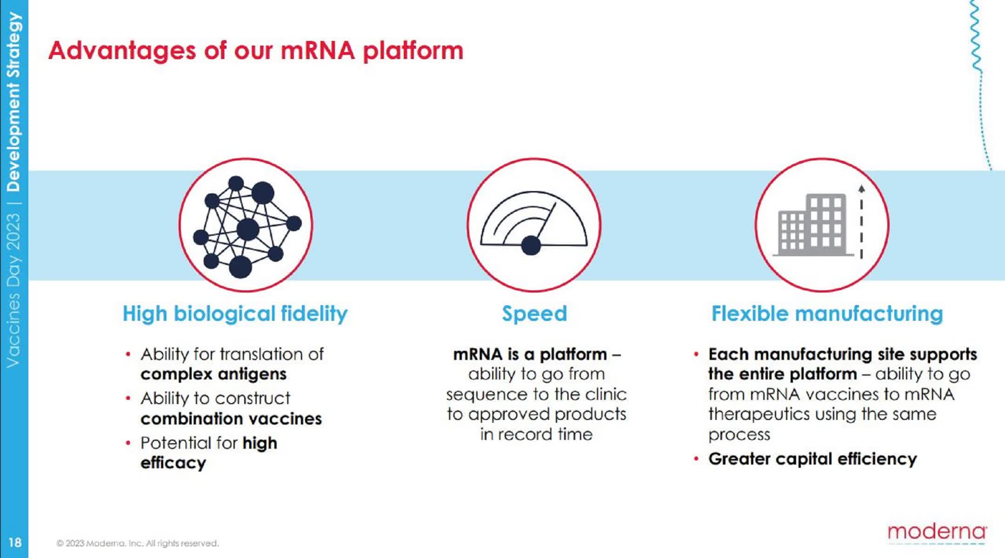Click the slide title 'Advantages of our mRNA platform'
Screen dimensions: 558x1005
tap(256, 50)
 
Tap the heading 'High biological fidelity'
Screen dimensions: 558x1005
tap(235, 313)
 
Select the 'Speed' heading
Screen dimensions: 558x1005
tap(534, 313)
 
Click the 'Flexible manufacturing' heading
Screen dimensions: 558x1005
tap(827, 313)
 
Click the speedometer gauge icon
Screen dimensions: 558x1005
tap(533, 223)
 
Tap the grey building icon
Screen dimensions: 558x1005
tap(812, 225)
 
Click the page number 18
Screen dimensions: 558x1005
tap(14, 542)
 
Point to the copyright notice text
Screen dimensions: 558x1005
tap(138, 543)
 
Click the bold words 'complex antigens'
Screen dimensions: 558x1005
tap(213, 374)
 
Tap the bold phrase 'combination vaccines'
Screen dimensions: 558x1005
tap(231, 419)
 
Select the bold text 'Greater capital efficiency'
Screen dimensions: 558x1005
tap(812, 459)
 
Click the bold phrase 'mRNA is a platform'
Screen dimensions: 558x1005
tap(530, 354)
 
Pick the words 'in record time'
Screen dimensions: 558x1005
tap(536, 434)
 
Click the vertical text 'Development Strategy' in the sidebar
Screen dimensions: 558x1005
tap(14, 102)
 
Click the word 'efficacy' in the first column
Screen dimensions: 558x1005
tap(173, 463)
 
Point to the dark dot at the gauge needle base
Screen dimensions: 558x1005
tap(531, 246)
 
